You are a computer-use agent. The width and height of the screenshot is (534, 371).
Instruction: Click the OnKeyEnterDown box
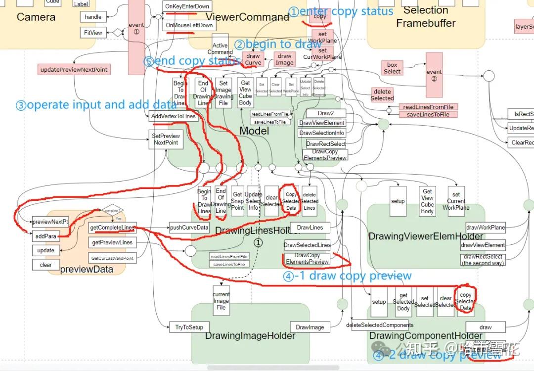pos(187,6)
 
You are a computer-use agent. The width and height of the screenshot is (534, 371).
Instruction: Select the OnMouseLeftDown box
pos(189,25)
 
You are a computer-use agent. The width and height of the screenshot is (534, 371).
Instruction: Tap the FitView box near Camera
pos(93,33)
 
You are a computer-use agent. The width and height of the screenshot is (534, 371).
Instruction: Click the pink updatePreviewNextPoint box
pos(74,69)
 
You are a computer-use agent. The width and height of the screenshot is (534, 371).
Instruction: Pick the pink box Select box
pos(392,68)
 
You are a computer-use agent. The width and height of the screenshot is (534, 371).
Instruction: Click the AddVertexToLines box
pos(174,117)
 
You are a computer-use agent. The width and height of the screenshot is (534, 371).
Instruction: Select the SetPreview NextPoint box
pos(166,139)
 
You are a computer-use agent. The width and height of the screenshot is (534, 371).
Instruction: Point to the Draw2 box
pos(325,113)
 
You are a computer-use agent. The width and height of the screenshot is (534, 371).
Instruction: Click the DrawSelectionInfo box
pos(322,133)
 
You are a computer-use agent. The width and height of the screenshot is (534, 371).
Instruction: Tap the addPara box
pos(46,236)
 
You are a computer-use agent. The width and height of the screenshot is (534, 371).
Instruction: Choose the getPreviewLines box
pos(112,242)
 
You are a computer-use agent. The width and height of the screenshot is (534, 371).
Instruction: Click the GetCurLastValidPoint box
pos(112,258)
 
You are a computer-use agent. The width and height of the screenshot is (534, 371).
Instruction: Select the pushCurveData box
pos(189,228)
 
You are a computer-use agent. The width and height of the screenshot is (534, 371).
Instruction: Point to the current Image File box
pos(221,301)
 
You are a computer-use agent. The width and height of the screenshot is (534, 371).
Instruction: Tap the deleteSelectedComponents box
pos(380,325)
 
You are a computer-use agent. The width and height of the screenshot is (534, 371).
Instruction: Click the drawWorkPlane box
pos(485,228)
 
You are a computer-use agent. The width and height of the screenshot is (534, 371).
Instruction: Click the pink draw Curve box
pos(253,59)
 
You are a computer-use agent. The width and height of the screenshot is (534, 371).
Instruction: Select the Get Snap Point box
pos(237,201)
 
